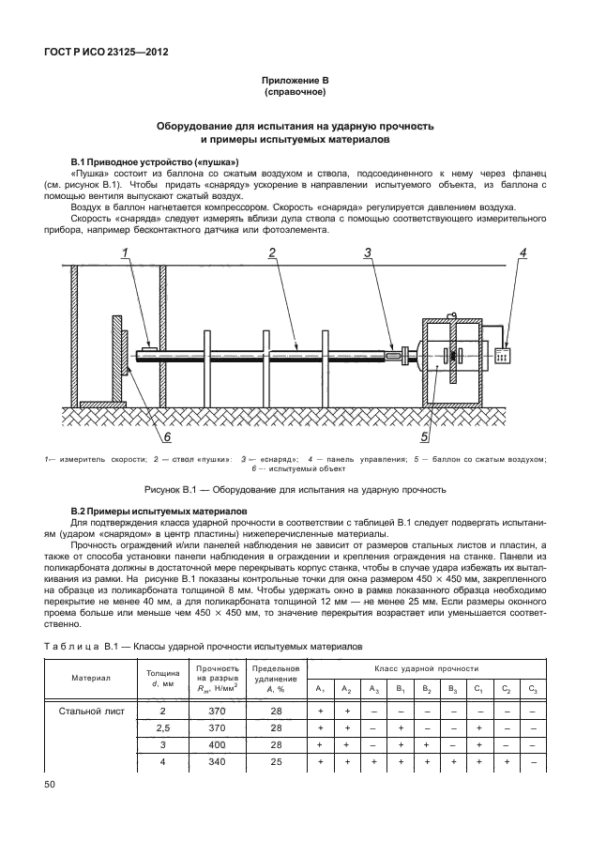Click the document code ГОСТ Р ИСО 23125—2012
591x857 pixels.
(105, 54)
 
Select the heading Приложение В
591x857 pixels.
(295, 83)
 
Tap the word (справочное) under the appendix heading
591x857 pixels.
(295, 94)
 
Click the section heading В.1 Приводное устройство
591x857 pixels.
(143, 161)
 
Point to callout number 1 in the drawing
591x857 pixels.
(124, 253)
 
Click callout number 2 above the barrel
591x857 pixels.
(270, 253)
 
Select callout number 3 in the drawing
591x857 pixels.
(368, 253)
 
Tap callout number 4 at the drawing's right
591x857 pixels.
(523, 253)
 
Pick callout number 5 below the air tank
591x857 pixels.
(423, 436)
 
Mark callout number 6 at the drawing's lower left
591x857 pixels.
(167, 436)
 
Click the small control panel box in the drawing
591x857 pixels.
(502, 357)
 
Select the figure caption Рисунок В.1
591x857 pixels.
(295, 489)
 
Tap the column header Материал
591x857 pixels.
(91, 678)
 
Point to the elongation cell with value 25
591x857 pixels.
(276, 762)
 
